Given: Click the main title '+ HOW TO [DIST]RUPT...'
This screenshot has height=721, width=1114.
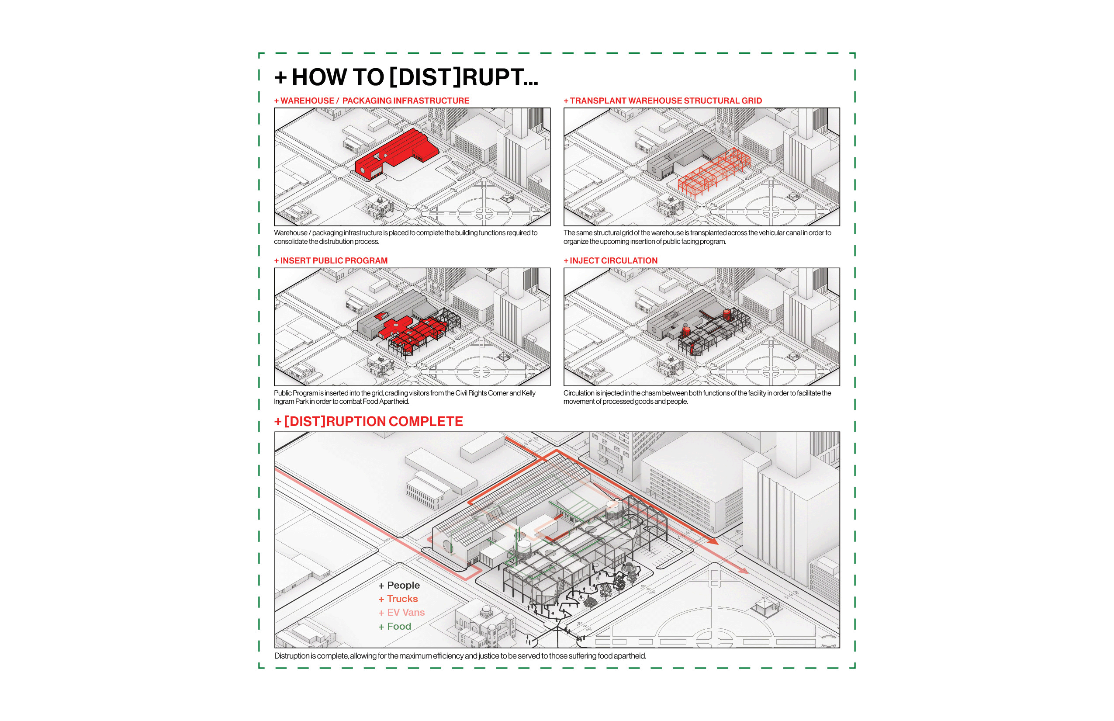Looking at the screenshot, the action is click(406, 77).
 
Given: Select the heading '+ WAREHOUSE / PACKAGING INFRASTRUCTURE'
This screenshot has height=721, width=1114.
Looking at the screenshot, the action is click(372, 101).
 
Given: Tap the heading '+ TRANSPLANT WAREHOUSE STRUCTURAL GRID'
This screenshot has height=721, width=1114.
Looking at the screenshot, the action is click(663, 101).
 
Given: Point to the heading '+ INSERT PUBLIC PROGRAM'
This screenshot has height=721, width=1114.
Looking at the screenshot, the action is click(331, 261).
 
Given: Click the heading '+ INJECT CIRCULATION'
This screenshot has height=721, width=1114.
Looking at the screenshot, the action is click(610, 261).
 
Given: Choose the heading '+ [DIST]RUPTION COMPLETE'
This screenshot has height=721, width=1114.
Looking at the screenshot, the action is click(368, 421).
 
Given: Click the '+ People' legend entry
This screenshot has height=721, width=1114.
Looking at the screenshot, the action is click(399, 585).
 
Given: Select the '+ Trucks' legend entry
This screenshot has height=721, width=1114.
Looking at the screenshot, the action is click(398, 599).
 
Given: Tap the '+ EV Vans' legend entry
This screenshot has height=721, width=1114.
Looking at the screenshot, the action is click(401, 612).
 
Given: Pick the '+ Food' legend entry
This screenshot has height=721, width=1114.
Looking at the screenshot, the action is click(394, 627).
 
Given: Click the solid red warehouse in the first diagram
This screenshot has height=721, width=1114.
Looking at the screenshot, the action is click(398, 152).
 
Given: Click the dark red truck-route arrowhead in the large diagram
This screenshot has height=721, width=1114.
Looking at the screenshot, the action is click(713, 541).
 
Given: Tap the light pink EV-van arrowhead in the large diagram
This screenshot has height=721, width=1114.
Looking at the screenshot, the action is click(743, 571).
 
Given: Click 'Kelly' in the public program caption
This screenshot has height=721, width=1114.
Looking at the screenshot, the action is click(529, 393).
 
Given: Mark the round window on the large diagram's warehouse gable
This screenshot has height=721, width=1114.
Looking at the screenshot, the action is click(447, 546).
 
